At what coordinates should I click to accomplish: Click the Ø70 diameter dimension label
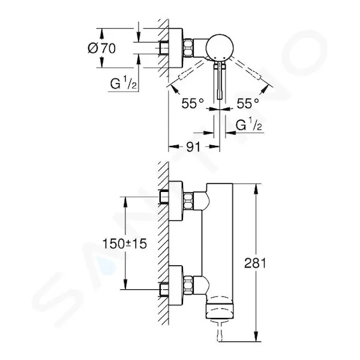[x=102, y=49]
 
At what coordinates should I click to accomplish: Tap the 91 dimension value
[x=193, y=147]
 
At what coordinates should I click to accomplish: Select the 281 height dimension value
[x=255, y=263]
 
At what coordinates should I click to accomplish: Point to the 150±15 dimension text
[x=124, y=244]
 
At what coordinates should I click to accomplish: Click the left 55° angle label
[x=193, y=103]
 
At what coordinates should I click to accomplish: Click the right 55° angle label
[x=248, y=103]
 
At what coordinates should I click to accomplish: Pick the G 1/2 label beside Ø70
[x=123, y=83]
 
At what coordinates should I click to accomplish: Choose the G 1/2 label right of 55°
[x=249, y=125]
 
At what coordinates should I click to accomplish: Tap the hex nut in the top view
[x=188, y=48]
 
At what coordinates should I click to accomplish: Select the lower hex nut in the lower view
[x=188, y=285]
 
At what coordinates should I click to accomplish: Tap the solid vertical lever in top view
[x=220, y=81]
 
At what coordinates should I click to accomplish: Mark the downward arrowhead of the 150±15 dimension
[x=125, y=284]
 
